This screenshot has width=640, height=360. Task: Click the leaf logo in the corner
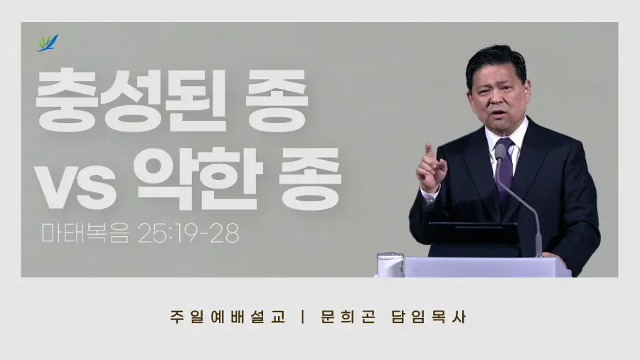click(x=48, y=43)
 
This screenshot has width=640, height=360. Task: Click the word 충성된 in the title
click(x=131, y=100)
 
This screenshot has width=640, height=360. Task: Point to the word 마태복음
click(x=85, y=233)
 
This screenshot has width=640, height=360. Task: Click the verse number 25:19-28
click(x=188, y=233)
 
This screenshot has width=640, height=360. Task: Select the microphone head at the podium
click(x=500, y=152)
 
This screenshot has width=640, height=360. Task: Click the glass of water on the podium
click(x=390, y=265)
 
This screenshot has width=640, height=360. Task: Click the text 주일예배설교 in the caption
click(x=228, y=317)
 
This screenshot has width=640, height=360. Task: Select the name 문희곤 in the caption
click(x=348, y=317)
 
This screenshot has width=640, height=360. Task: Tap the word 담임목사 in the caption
click(x=429, y=317)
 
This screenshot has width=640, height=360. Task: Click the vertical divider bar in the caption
click(x=302, y=317)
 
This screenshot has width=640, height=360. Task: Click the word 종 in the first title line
click(x=277, y=100)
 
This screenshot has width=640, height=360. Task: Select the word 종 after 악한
click(x=310, y=179)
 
